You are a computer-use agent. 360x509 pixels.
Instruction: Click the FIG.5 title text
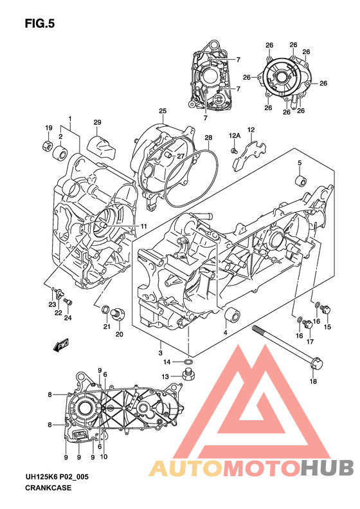pyautogui.click(x=40, y=24)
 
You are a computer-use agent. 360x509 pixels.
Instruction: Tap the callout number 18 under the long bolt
pyautogui.click(x=313, y=381)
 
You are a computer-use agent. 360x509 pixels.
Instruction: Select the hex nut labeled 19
pyautogui.click(x=48, y=145)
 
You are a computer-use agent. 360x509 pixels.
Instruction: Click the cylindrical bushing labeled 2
pyautogui.click(x=60, y=152)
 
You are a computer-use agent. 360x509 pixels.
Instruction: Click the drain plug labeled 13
pyautogui.click(x=188, y=375)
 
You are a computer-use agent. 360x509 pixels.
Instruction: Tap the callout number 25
pyautogui.click(x=163, y=111)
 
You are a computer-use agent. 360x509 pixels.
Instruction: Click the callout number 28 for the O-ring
pyautogui.click(x=208, y=138)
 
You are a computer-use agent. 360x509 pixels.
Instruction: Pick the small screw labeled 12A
pyautogui.click(x=233, y=151)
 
